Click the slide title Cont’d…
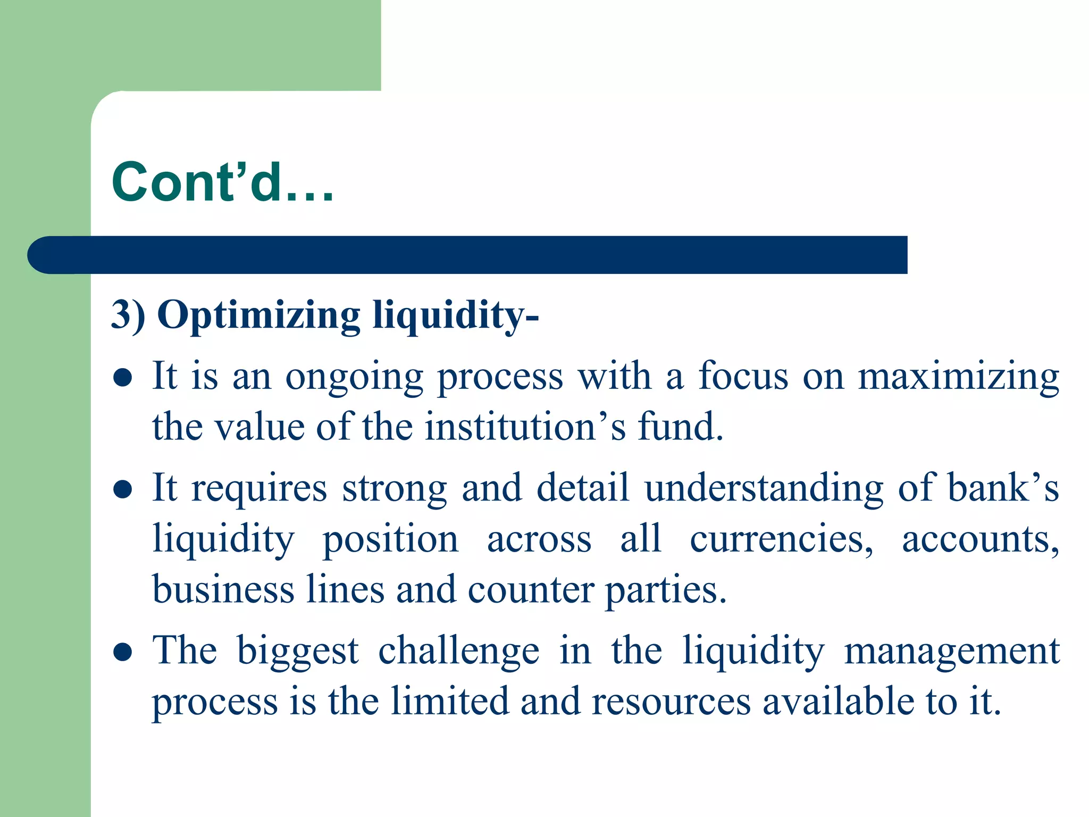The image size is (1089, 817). click(222, 182)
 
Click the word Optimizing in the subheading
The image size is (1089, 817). click(258, 315)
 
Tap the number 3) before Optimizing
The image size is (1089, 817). click(128, 315)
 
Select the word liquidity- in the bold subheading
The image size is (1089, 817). click(456, 315)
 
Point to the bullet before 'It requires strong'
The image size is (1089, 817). click(123, 489)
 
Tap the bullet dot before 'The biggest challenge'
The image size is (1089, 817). click(123, 652)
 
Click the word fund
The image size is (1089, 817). click(681, 427)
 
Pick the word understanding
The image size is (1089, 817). click(764, 488)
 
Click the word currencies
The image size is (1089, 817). click(781, 539)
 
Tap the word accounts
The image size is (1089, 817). click(980, 539)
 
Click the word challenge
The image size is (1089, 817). click(458, 652)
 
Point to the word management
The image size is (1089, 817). click(951, 652)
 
